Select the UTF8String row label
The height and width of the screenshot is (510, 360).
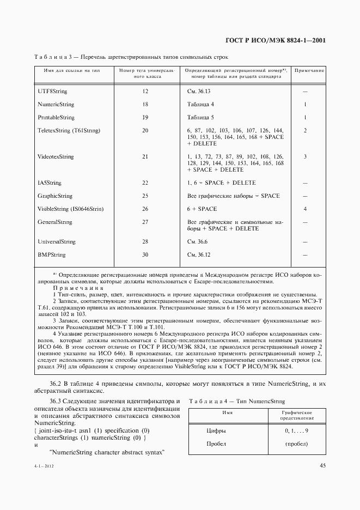(52, 91)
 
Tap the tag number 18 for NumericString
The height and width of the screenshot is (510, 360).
(145, 104)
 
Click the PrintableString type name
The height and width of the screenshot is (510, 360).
(56, 117)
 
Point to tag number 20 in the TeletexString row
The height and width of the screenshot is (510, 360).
(145, 130)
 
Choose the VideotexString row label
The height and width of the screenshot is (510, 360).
(56, 156)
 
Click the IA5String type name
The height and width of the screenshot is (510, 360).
(50, 183)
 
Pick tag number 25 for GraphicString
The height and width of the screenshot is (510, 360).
(145, 196)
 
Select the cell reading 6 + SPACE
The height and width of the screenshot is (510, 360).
(202, 209)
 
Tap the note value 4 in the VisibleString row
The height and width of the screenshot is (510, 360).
(305, 209)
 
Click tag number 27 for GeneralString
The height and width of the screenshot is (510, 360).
(145, 222)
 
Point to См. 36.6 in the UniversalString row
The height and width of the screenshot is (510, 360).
(198, 241)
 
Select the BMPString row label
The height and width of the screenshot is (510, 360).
(52, 254)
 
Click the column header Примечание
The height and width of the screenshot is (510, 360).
(309, 71)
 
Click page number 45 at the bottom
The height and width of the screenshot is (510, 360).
(322, 465)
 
